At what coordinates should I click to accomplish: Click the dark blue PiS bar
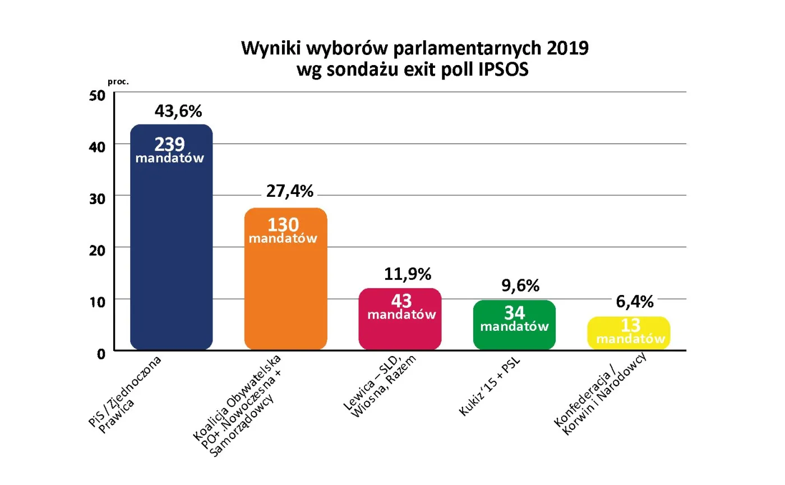(x=171, y=252)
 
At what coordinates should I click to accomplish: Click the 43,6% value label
(x=178, y=111)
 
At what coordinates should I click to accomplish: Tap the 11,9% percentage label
(x=408, y=274)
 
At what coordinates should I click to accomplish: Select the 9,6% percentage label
(x=519, y=286)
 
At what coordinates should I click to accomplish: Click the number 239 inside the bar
(x=169, y=144)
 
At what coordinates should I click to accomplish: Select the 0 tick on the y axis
(x=101, y=353)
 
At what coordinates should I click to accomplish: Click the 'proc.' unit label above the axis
(x=118, y=81)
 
